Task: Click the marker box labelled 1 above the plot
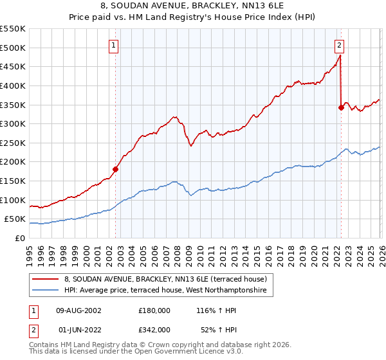coord(114,45)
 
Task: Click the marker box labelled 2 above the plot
coord(339,45)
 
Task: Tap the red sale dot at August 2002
coord(116,170)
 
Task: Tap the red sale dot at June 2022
coord(341,108)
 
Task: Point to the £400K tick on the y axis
coord(13,85)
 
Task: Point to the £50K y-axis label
coord(15,219)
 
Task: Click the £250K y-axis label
coord(13,143)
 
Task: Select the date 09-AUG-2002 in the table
coord(79,310)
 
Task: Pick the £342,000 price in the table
coord(154,329)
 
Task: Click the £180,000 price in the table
coord(154,310)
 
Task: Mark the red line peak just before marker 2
coord(340,56)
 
